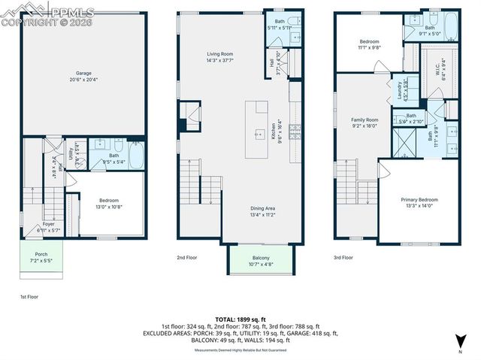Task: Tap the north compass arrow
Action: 458,343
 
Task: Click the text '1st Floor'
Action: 30,297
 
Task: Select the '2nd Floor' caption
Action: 186,258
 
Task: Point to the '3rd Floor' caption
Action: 343,258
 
